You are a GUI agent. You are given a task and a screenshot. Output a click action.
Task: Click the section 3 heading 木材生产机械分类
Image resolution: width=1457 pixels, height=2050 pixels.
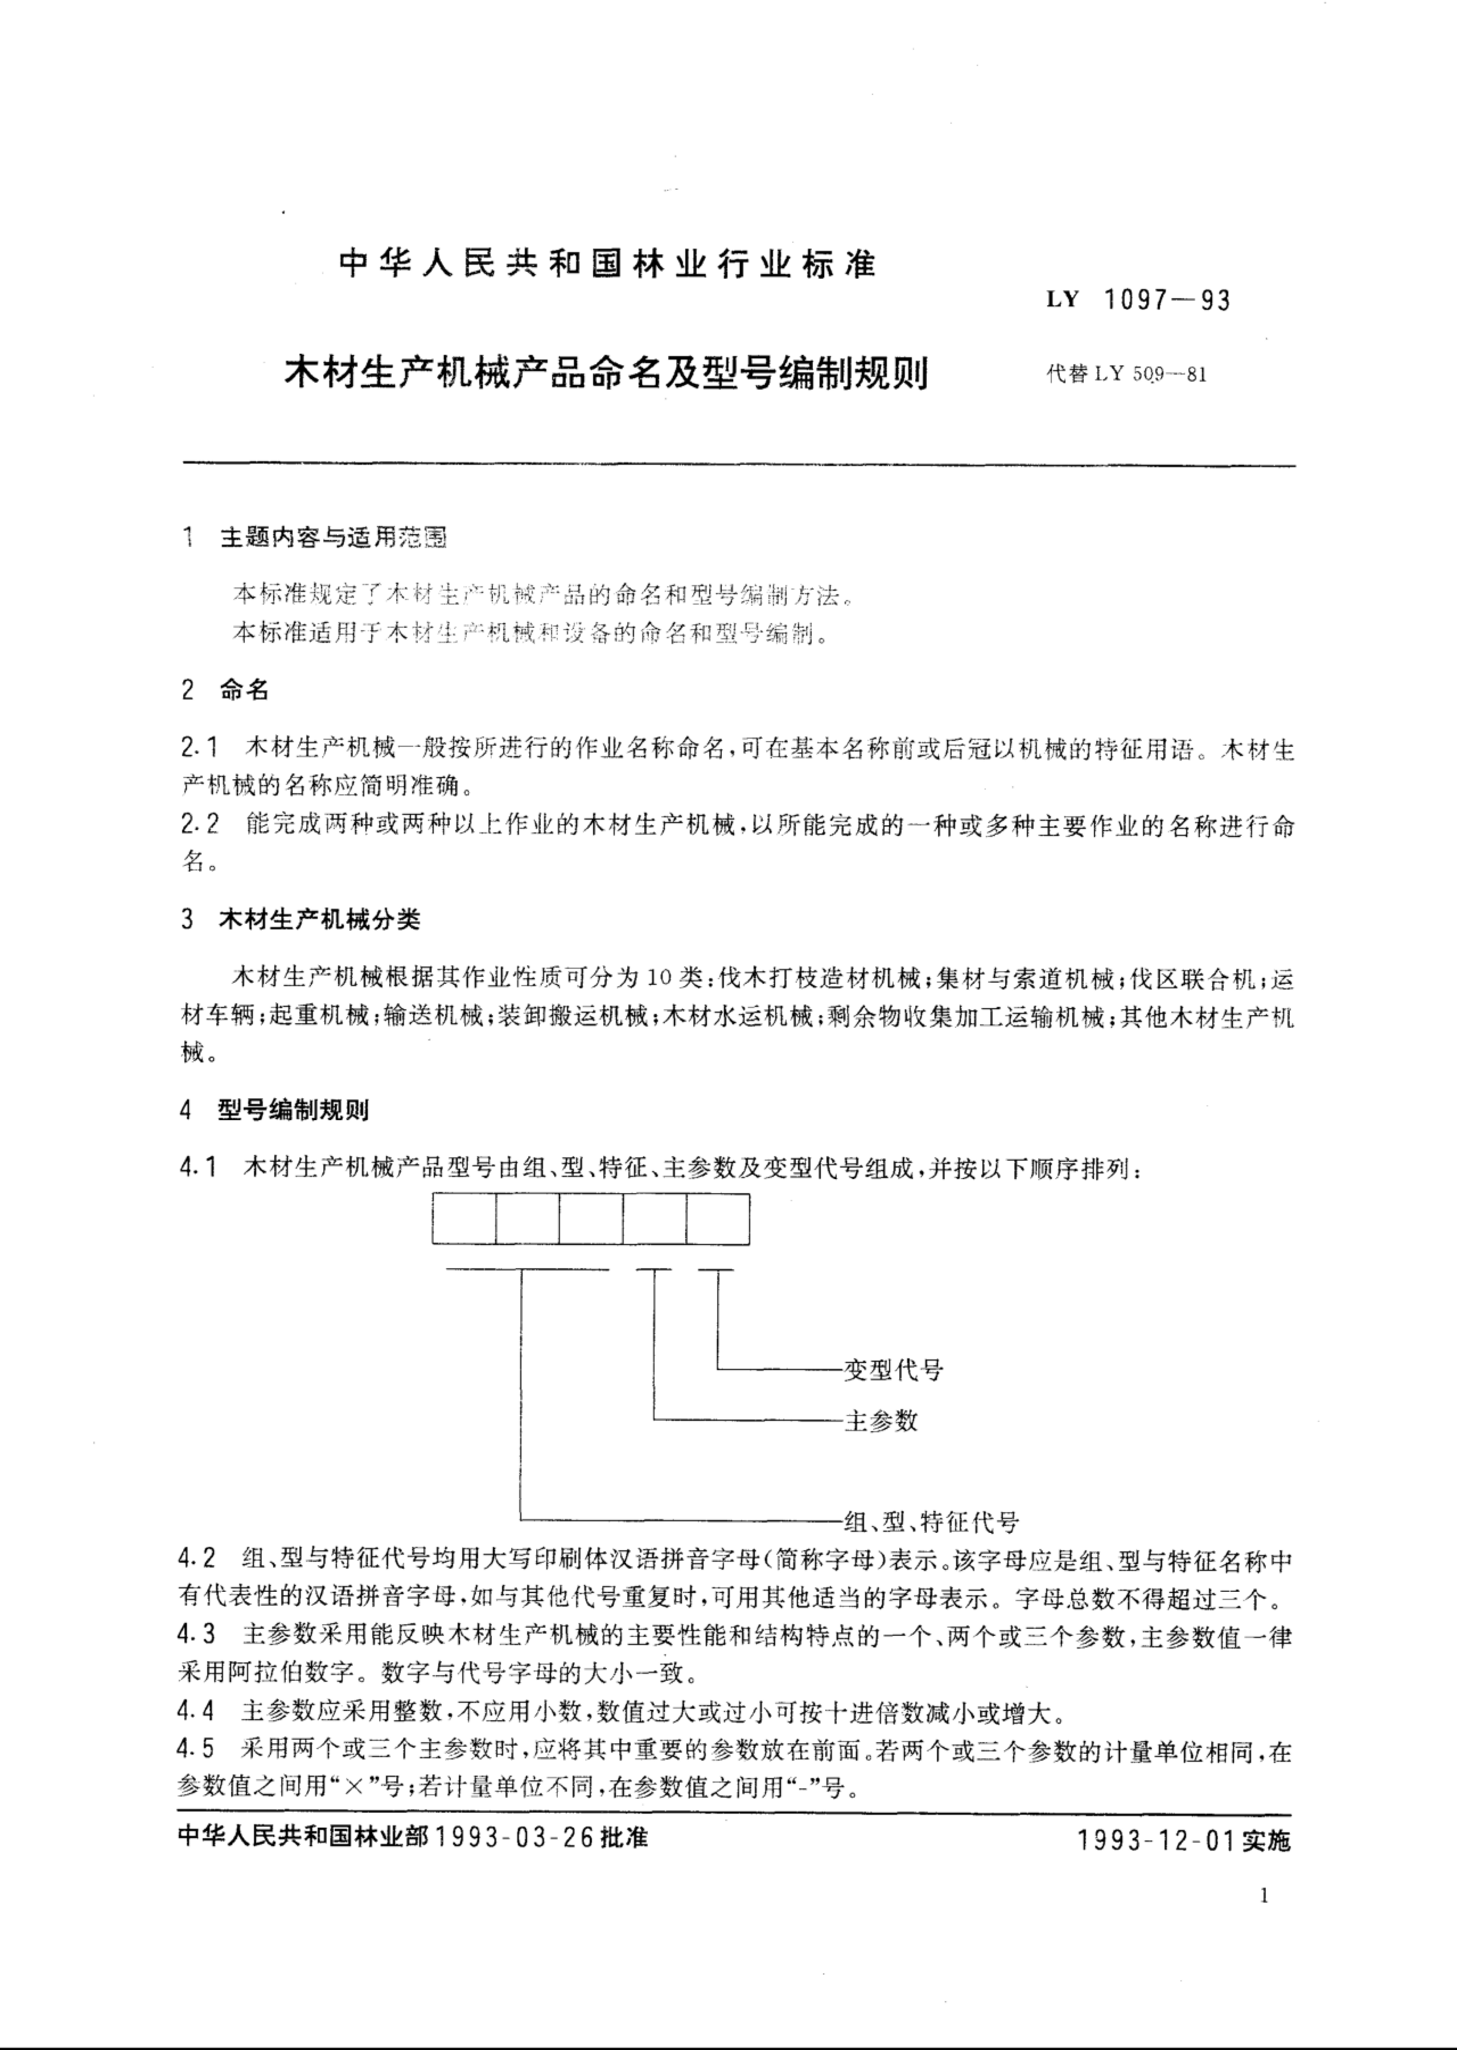tap(318, 920)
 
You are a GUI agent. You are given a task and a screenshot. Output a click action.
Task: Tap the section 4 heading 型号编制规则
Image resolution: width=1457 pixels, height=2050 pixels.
tap(293, 1111)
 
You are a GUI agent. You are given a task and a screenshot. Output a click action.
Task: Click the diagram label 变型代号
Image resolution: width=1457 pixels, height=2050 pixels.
tap(893, 1370)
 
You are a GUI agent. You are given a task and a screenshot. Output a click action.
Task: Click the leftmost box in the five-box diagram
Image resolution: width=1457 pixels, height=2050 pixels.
tap(464, 1218)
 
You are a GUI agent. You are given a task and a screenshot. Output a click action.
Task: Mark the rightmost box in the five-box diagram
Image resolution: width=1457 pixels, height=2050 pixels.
tap(718, 1218)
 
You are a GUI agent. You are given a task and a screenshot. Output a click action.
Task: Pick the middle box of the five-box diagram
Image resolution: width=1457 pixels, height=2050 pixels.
tap(590, 1218)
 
